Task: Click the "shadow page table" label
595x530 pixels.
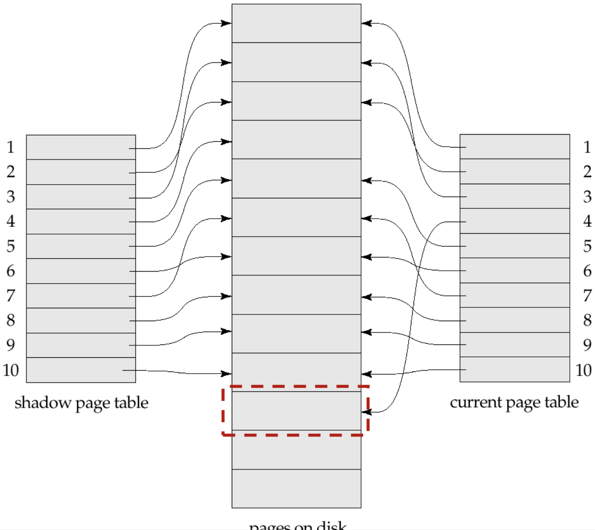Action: [81, 403]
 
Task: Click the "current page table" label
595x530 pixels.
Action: [514, 402]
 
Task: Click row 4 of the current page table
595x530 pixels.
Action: [515, 221]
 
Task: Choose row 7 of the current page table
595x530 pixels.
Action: [515, 295]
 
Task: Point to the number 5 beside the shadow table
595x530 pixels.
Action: [11, 246]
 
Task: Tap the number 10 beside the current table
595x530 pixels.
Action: [584, 370]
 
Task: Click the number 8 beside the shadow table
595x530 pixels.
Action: [11, 320]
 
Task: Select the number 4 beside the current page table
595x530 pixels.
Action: [587, 221]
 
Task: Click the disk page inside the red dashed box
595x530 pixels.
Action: [296, 411]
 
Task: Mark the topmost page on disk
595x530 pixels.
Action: [296, 23]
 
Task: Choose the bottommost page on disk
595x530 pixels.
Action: [296, 488]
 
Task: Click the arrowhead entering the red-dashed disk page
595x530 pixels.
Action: [366, 412]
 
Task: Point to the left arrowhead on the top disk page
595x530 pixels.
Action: [227, 23]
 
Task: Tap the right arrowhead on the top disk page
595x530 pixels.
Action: [366, 23]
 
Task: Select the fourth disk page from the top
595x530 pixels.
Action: [296, 140]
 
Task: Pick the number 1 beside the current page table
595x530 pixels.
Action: [587, 147]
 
